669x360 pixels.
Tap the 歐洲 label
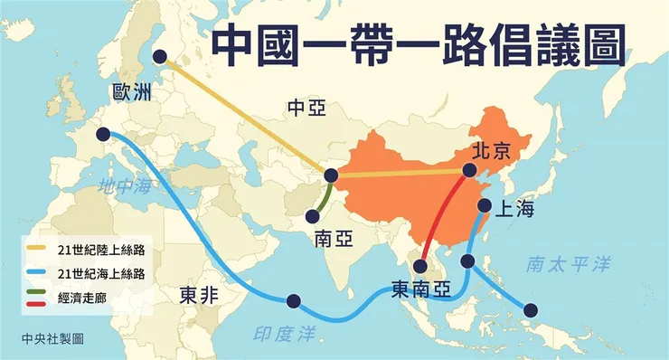coord(133,93)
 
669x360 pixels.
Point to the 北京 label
coord(492,151)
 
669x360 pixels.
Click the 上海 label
coord(515,210)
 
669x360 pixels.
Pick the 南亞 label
coord(334,239)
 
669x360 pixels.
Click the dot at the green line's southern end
coord(313,216)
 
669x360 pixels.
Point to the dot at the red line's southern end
coord(420,266)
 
